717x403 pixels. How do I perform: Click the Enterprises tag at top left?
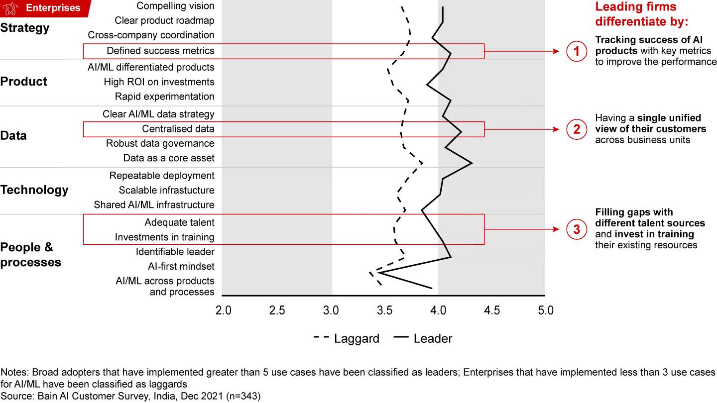tap(46, 8)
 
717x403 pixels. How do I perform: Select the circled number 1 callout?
tap(577, 51)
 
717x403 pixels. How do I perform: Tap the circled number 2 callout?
tap(577, 129)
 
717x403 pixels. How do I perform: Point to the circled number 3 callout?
tap(577, 229)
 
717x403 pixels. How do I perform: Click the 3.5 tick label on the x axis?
tap(384, 310)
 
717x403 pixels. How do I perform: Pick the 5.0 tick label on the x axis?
tap(546, 310)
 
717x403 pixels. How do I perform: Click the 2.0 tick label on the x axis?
tap(223, 310)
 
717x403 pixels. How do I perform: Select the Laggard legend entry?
tap(346, 339)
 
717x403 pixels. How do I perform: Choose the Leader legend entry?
tap(423, 339)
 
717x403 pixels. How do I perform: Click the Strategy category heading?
tap(25, 28)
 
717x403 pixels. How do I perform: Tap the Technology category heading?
tap(34, 190)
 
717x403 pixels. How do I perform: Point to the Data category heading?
tap(13, 136)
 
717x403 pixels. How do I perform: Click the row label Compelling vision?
tap(175, 6)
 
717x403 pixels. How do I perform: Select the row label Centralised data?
tap(178, 129)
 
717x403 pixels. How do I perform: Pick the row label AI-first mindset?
tap(181, 266)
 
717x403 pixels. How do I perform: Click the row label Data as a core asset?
tap(169, 158)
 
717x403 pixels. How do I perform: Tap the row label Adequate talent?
tap(179, 222)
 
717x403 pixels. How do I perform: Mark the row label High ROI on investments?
tap(159, 82)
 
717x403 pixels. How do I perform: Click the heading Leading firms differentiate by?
tap(642, 14)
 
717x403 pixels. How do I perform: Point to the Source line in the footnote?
tap(130, 396)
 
